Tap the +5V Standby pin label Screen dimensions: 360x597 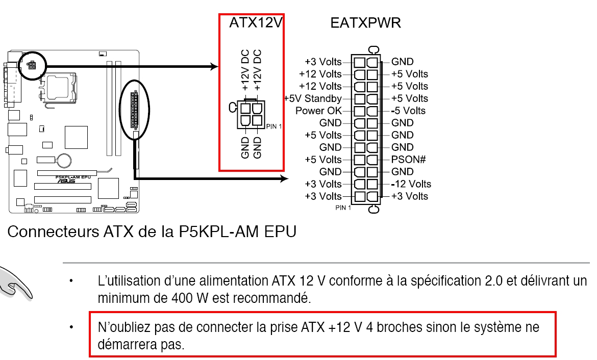click(313, 98)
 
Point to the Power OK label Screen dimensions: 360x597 click(318, 111)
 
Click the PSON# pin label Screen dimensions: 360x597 click(408, 160)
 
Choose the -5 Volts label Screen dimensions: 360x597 click(408, 111)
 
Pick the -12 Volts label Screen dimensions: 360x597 click(411, 184)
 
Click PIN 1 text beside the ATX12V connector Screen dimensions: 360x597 click(274, 126)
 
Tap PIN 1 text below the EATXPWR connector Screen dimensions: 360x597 click(343, 208)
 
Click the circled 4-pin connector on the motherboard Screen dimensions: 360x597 click(32, 66)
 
